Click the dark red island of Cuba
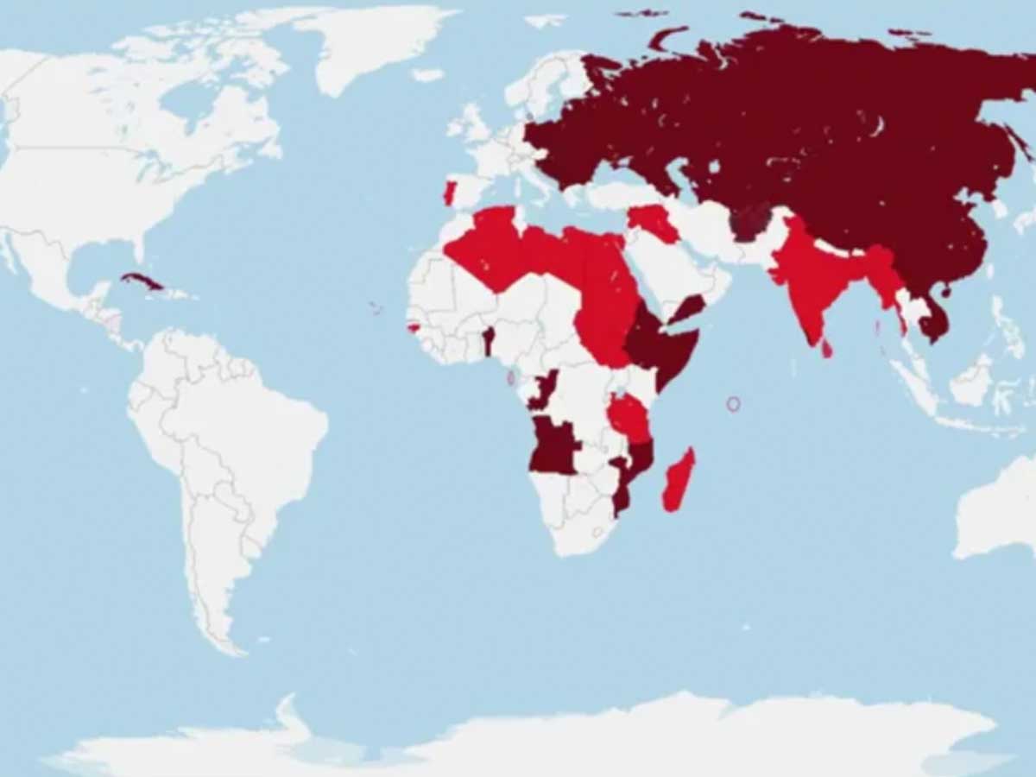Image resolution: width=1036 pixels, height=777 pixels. pos(143,282)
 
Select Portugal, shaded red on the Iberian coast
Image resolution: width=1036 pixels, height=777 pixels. pos(449,193)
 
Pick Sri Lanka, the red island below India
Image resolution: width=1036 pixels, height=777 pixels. pos(827,349)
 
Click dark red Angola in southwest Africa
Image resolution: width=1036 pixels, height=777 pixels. pos(553,445)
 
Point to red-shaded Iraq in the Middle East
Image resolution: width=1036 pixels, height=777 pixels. pos(654,223)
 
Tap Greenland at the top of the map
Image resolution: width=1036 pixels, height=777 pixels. pos(371,43)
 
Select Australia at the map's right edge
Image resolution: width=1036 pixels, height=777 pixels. pos(1001,509)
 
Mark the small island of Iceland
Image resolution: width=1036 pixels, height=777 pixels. pos(427,75)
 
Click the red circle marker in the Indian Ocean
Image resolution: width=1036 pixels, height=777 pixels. pos(733,403)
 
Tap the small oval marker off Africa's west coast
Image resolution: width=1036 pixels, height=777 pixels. pos(511,378)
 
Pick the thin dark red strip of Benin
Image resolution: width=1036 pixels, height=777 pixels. pos(488,341)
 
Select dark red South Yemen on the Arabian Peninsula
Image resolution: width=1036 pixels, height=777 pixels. pos(688,308)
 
